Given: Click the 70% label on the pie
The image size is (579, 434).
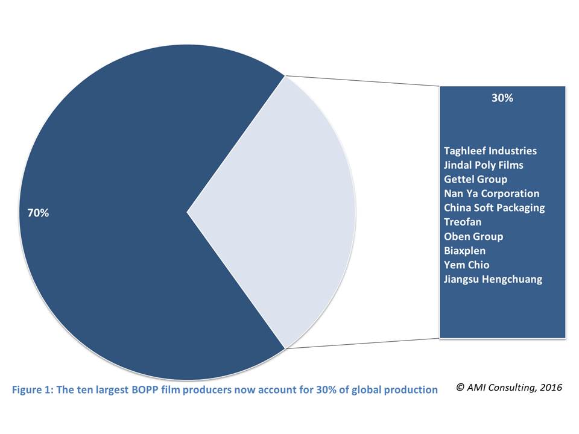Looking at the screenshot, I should coord(38,213).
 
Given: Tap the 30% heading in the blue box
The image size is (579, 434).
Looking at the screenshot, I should coord(502,98).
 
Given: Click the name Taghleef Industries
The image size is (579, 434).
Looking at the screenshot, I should coord(490,151).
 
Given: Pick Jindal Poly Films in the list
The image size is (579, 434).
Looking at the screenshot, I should coord(483,165).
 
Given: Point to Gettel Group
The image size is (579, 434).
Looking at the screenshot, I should coord(475,179).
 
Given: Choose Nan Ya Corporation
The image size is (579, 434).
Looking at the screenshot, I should coord(492,193).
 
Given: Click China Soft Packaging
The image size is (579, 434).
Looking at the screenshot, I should coord(494,207).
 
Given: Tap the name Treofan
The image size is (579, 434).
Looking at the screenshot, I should coord(463,222).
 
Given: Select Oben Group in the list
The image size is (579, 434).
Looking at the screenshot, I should coord(473,236).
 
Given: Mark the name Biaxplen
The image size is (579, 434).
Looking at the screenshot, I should coord(464,250).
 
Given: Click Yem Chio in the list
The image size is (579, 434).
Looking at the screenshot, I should coord(466,265).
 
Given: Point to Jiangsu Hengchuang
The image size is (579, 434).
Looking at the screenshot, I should coord(493,279).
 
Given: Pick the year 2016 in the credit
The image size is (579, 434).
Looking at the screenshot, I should coord(551,388).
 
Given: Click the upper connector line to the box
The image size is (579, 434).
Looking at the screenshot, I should coord(362,81).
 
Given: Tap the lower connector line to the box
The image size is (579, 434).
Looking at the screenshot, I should coord(362,344).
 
